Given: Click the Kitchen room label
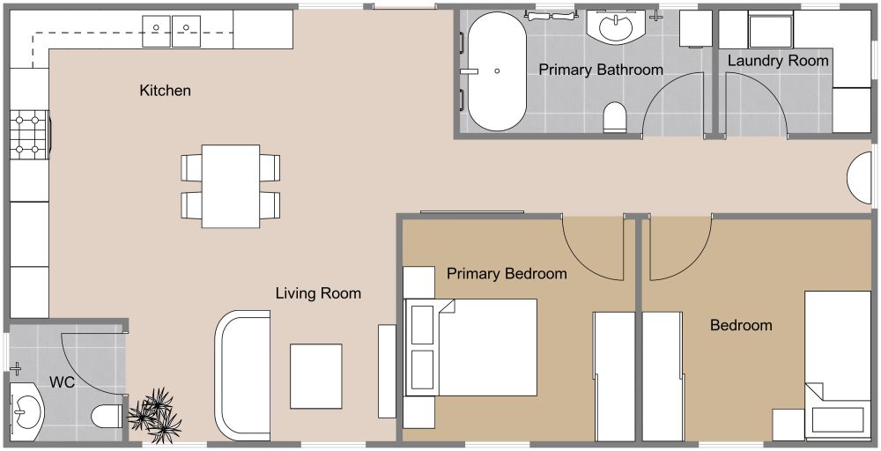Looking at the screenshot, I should pyautogui.click(x=165, y=91).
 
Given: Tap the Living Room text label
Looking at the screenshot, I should pyautogui.click(x=317, y=293).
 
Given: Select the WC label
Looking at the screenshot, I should pyautogui.click(x=62, y=382).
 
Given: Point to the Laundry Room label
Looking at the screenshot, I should pyautogui.click(x=778, y=61).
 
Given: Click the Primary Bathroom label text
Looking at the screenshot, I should pyautogui.click(x=600, y=70).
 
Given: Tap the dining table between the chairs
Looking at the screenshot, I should pyautogui.click(x=230, y=186).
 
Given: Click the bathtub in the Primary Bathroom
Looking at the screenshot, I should pyautogui.click(x=496, y=70).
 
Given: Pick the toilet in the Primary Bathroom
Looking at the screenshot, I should pyautogui.click(x=615, y=117).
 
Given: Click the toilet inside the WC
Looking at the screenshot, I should pyautogui.click(x=107, y=415).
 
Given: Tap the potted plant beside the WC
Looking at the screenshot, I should pyautogui.click(x=156, y=414).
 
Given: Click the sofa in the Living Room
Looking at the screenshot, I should pyautogui.click(x=241, y=375).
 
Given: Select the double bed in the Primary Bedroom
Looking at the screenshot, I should pyautogui.click(x=471, y=347).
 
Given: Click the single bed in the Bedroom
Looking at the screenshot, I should pyautogui.click(x=837, y=361).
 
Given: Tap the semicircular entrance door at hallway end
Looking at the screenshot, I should pyautogui.click(x=859, y=181).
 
